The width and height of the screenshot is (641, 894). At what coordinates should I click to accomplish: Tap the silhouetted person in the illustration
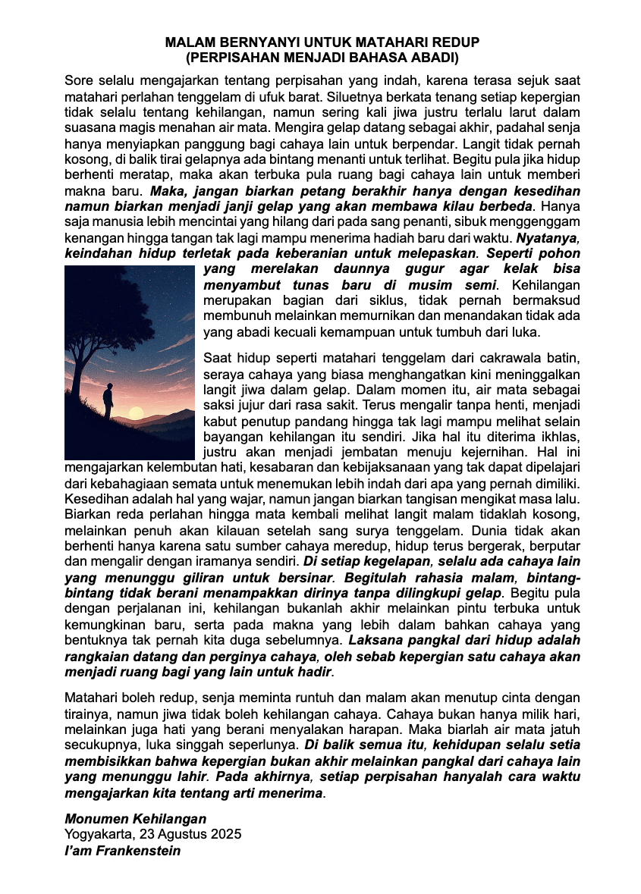108,401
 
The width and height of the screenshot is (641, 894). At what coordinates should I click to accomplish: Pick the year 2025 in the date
226,834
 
